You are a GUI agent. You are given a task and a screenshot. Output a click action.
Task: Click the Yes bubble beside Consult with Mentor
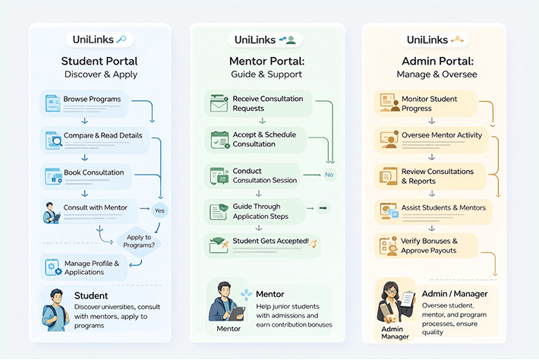pyautogui.click(x=159, y=210)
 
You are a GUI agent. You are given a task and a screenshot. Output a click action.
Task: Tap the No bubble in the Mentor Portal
pyautogui.click(x=329, y=175)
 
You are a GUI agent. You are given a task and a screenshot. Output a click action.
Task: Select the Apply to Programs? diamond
pyautogui.click(x=139, y=242)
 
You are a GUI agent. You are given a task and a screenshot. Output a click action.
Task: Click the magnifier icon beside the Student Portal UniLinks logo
pyautogui.click(x=121, y=39)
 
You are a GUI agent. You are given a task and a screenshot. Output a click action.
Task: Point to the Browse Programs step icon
pyautogui.click(x=52, y=103)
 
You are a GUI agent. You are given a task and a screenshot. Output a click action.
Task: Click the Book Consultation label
pyautogui.click(x=94, y=172)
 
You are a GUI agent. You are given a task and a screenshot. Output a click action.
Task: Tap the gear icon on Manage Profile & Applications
pyautogui.click(x=52, y=267)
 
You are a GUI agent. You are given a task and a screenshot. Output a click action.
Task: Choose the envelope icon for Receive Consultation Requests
pyautogui.click(x=219, y=103)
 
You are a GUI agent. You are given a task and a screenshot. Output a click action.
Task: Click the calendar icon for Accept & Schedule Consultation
pyautogui.click(x=220, y=140)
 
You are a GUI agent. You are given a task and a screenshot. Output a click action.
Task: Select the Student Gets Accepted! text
pyautogui.click(x=270, y=241)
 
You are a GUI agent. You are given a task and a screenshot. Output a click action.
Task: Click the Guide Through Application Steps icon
pyautogui.click(x=219, y=211)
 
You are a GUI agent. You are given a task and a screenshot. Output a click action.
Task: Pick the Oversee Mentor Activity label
pyautogui.click(x=442, y=135)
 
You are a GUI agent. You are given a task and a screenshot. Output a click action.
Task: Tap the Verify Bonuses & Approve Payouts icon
pyautogui.click(x=389, y=246)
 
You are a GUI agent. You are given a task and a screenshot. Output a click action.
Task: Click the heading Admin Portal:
pyautogui.click(x=437, y=62)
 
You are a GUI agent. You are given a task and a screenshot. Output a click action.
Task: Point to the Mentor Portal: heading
pyautogui.click(x=266, y=62)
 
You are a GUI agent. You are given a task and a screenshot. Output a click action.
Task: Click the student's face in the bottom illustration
pyautogui.click(x=57, y=297)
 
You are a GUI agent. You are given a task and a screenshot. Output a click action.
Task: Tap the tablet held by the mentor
pyautogui.click(x=237, y=313)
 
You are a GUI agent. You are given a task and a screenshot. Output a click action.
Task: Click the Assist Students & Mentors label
pyautogui.click(x=443, y=207)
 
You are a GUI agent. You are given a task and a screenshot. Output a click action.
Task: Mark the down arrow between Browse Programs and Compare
pyautogui.click(x=84, y=121)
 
